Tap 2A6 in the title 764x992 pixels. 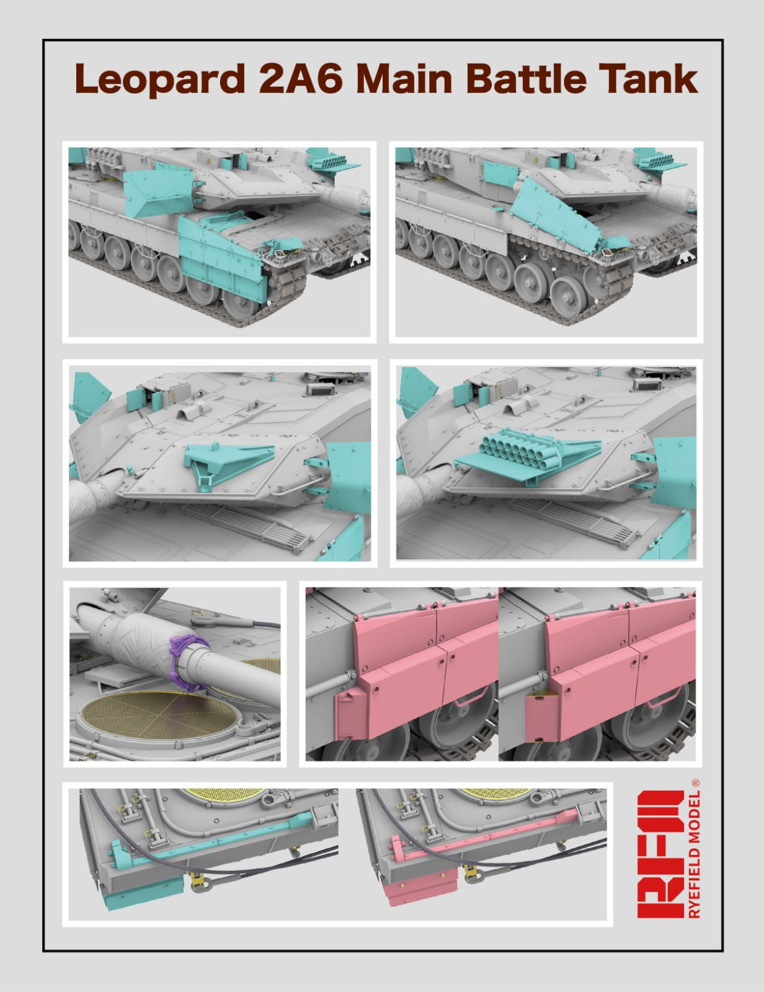(301, 78)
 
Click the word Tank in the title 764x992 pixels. (647, 78)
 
